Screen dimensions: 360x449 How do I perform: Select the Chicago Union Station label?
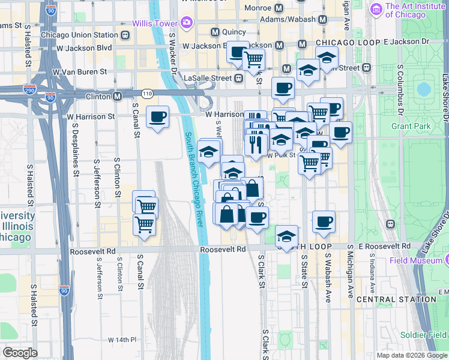tap(79, 35)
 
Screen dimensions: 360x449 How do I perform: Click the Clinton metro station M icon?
tap(118, 96)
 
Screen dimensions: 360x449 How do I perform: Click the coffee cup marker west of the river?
tap(157, 117)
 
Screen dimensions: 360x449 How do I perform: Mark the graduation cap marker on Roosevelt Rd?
tap(287, 236)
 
